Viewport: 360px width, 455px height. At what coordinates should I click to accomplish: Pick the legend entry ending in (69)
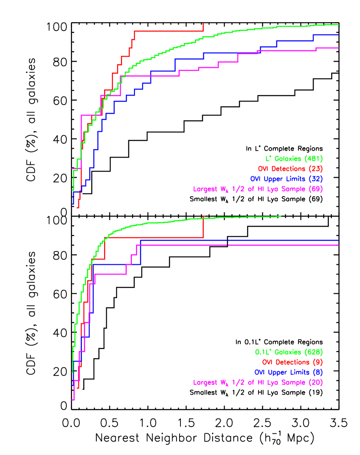pyautogui.click(x=258, y=189)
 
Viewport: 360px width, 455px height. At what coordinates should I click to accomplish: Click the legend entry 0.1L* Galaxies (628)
pyautogui.click(x=289, y=352)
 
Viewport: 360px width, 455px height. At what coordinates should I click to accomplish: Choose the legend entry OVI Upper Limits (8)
pyautogui.click(x=288, y=372)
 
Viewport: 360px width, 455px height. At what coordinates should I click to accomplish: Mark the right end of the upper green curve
pyautogui.click(x=338, y=25)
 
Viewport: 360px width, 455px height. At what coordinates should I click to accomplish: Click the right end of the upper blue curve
pyautogui.click(x=338, y=35)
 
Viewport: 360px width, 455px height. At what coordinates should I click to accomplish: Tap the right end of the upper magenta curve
pyautogui.click(x=338, y=48)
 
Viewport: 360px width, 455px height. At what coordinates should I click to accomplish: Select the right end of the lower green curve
pyautogui.click(x=281, y=216)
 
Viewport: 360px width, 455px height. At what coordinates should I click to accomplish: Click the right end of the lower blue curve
pyautogui.click(x=338, y=240)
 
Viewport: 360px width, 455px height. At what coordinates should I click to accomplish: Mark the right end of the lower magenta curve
pyautogui.click(x=338, y=245)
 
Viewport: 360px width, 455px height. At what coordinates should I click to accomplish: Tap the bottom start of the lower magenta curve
pyautogui.click(x=73, y=399)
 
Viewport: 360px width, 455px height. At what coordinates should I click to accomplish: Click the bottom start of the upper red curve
pyautogui.click(x=78, y=207)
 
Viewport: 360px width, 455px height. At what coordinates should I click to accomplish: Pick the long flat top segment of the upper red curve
pyautogui.click(x=169, y=31)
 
